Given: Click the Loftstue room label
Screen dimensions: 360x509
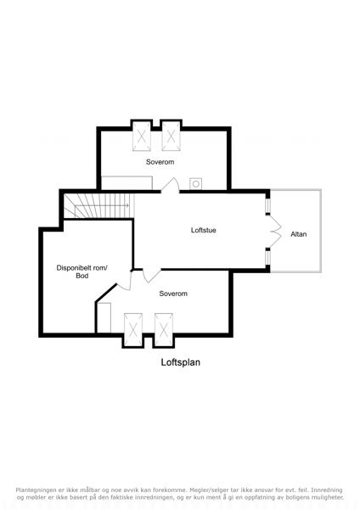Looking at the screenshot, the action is tap(204, 230).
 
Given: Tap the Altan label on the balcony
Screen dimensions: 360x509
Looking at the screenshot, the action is tap(298, 234).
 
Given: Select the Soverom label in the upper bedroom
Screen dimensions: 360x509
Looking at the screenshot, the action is tap(160, 162).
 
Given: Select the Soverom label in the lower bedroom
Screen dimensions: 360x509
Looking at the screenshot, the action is tap(173, 294).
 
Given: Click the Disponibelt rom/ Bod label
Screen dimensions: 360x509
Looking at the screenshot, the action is tap(82, 271).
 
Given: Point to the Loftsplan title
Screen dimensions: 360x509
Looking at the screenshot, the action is tap(181, 362).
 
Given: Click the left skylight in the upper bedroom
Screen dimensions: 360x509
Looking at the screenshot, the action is tap(142, 136).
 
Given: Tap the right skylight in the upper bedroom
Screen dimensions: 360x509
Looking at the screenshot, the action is tap(171, 136).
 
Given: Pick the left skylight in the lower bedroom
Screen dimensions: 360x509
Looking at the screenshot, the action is tap(133, 329).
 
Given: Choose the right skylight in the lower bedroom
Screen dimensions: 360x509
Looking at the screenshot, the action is tap(164, 329).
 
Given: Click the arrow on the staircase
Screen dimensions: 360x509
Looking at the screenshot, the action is tap(103, 205).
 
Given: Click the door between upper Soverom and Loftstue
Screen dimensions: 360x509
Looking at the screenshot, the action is tap(171, 185).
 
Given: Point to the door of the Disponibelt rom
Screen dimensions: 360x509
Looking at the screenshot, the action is tap(124, 280).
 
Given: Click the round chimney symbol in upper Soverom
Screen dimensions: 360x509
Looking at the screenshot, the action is tap(196, 184).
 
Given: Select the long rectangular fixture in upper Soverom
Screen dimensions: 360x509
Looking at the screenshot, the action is tap(127, 183).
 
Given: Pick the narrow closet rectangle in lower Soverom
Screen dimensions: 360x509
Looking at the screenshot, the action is tap(104, 317).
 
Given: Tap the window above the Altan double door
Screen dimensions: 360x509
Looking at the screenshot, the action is tap(267, 205).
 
